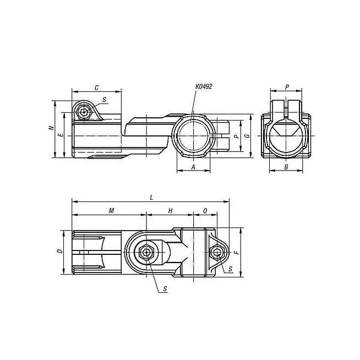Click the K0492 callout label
(204, 86)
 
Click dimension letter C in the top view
(97, 88)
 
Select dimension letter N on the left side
(52, 128)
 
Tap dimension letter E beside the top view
(61, 135)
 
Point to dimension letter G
(247, 136)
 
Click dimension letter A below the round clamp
(193, 167)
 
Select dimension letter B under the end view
(286, 167)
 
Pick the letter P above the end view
(287, 87)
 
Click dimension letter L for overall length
(151, 198)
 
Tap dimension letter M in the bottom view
(111, 210)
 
